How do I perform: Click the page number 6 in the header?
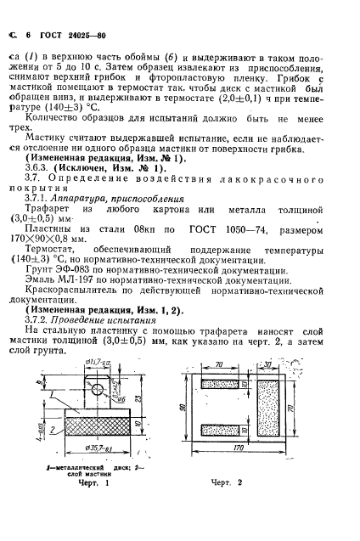[x=28, y=36]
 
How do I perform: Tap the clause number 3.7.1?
[x=39, y=194]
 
